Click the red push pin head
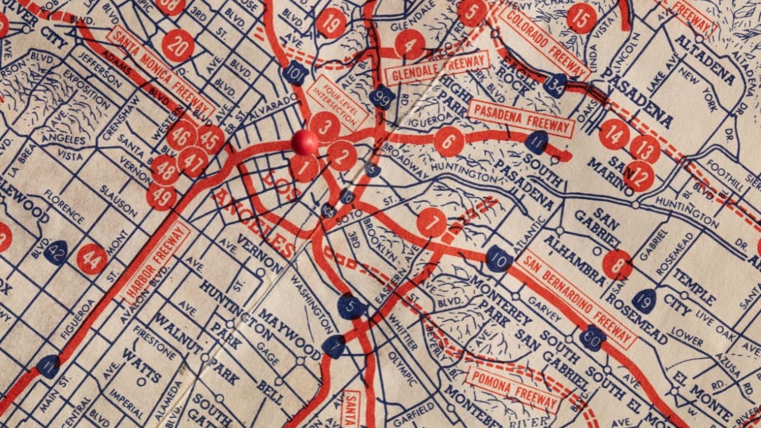point(304,142)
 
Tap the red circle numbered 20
point(177,45)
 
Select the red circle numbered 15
point(581,18)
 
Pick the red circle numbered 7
point(432,222)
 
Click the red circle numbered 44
point(92,259)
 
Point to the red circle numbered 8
point(617,265)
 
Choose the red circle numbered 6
point(449,141)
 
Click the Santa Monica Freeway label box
point(161,71)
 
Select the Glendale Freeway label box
point(437,68)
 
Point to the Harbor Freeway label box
point(156,263)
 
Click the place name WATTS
point(141,366)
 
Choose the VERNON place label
point(260,252)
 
